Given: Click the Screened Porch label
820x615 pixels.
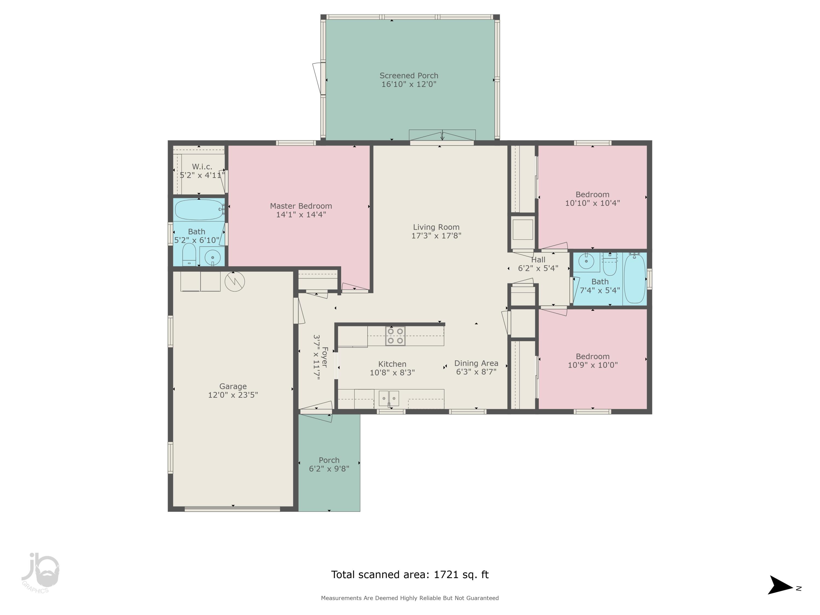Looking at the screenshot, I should pyautogui.click(x=409, y=76).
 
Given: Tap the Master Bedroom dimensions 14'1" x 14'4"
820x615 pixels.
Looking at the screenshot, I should pyautogui.click(x=301, y=215).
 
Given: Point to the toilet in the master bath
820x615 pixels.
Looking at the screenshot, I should pyautogui.click(x=189, y=254).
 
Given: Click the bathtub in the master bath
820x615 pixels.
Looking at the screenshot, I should pyautogui.click(x=199, y=210).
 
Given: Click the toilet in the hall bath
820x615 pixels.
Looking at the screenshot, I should pyautogui.click(x=610, y=264).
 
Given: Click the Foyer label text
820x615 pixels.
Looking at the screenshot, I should pyautogui.click(x=325, y=357).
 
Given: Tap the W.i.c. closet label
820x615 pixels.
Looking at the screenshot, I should pyautogui.click(x=202, y=167).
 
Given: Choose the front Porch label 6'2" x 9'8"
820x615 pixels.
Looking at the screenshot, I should pyautogui.click(x=329, y=464).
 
